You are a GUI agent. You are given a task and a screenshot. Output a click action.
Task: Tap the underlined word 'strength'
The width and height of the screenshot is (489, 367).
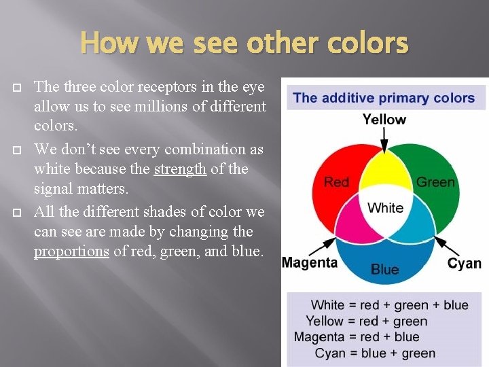pyautogui.click(x=180, y=169)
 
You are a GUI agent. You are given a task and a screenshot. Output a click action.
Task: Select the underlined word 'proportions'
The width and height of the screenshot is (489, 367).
pyautogui.click(x=71, y=251)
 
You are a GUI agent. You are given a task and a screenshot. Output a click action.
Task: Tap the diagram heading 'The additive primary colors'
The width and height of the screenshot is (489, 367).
pyautogui.click(x=384, y=97)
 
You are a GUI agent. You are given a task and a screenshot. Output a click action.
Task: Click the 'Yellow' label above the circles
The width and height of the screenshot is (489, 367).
pyautogui.click(x=384, y=120)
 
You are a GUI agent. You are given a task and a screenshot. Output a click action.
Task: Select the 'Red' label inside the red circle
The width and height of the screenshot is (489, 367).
pyautogui.click(x=336, y=181)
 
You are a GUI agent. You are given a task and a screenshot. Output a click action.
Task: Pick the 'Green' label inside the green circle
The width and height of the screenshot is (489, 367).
pyautogui.click(x=435, y=181)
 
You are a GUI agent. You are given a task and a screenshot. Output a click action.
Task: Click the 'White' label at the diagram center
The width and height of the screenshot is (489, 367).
pyautogui.click(x=385, y=208)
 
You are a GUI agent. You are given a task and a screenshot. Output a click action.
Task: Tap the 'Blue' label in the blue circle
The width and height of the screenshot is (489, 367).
pyautogui.click(x=384, y=269)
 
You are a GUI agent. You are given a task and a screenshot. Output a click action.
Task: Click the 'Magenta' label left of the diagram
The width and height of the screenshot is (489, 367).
pyautogui.click(x=310, y=262)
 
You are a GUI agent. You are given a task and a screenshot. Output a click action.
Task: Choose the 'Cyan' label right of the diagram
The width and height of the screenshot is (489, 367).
pyautogui.click(x=465, y=263)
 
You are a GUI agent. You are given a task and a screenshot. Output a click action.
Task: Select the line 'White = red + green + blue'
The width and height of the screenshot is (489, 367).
pyautogui.click(x=389, y=305)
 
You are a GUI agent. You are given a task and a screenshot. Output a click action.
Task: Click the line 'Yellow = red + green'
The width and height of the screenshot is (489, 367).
pyautogui.click(x=366, y=321)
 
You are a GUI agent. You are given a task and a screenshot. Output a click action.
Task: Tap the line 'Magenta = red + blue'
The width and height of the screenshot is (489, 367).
pyautogui.click(x=357, y=337)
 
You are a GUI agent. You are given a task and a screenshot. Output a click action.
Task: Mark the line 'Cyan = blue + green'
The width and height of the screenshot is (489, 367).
pyautogui.click(x=375, y=353)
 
